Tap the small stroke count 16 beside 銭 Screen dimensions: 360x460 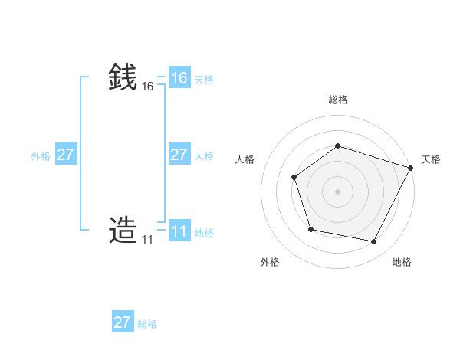[148, 87]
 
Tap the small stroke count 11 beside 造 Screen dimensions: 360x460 [147, 240]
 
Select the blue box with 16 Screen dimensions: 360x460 [179, 78]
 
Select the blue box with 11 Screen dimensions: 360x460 [179, 231]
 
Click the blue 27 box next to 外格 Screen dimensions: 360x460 [65, 155]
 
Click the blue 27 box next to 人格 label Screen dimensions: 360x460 [179, 155]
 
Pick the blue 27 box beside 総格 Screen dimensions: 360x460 [123, 322]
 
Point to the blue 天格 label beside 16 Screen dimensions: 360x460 [204, 80]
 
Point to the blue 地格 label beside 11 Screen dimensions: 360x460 [204, 233]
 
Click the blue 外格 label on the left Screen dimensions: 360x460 [41, 156]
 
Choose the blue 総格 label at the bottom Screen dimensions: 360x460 [147, 324]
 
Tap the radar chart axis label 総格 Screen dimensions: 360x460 [337, 100]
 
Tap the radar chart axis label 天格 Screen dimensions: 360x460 [431, 159]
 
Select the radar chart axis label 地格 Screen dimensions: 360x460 [402, 262]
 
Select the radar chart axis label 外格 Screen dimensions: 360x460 [270, 262]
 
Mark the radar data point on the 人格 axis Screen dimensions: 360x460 [294, 178]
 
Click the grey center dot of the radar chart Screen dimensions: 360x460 [337, 191]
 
